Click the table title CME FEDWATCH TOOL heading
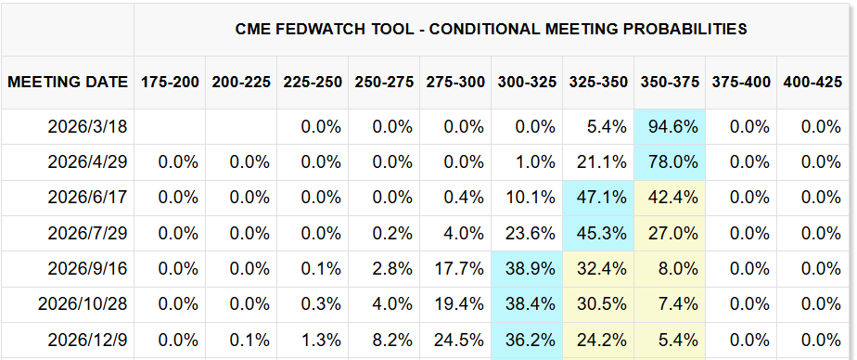[x=492, y=29]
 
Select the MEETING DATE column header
[x=68, y=82]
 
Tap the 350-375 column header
[x=669, y=82]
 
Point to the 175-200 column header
[x=170, y=82]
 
